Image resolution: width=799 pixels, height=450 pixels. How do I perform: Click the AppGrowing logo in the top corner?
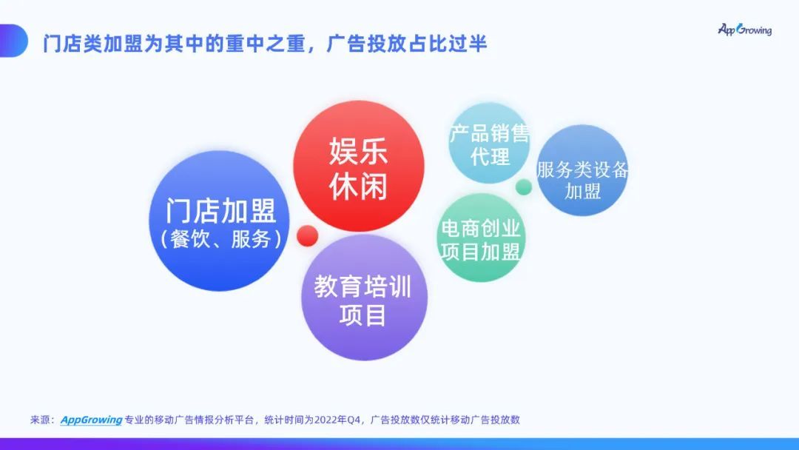(744, 30)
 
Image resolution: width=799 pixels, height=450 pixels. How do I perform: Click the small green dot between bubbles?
(524, 187)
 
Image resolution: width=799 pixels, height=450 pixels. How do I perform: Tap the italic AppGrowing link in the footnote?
(91, 420)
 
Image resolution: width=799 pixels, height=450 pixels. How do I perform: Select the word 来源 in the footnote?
(41, 420)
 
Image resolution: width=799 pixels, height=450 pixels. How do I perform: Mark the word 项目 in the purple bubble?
(363, 315)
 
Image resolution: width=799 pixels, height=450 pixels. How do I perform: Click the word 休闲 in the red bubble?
(359, 187)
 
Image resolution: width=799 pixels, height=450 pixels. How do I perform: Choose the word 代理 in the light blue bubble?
(490, 156)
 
